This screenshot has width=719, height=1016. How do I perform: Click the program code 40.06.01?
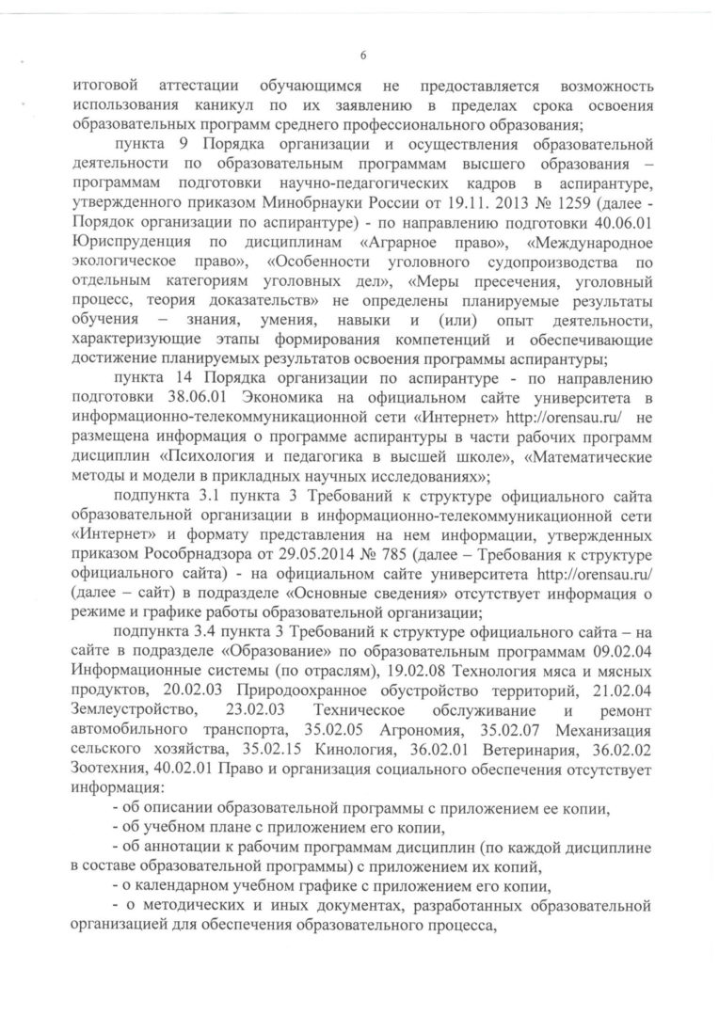[617, 232]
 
